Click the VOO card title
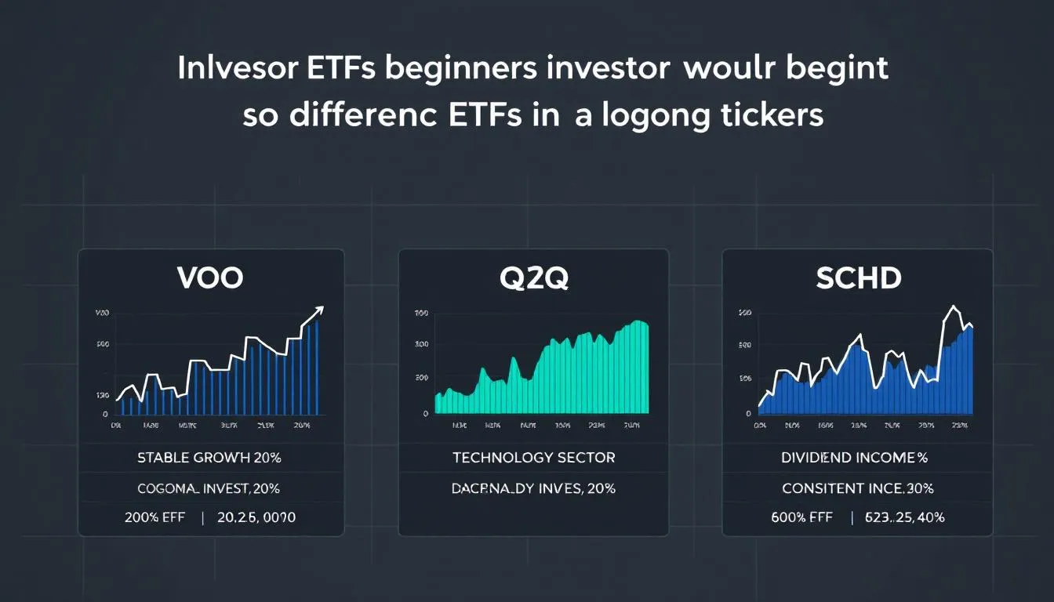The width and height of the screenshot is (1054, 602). [x=210, y=278]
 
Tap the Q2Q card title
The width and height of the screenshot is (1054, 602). [x=533, y=278]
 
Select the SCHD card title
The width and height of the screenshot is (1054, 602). [x=857, y=278]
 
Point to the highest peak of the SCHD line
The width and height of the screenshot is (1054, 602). [x=953, y=306]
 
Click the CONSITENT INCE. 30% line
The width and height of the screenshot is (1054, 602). [x=857, y=488]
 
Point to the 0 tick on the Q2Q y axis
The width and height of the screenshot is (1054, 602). [x=425, y=413]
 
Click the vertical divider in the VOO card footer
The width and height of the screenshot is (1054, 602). [x=202, y=518]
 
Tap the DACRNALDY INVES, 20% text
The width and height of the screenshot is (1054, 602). [x=533, y=488]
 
